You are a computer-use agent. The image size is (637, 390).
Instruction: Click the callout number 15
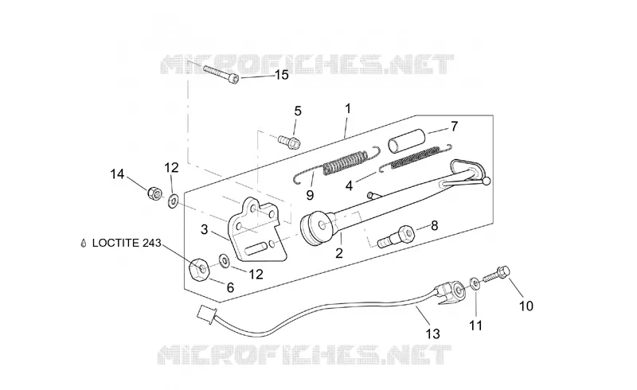pyautogui.click(x=282, y=75)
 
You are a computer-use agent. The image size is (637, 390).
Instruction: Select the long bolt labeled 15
pyautogui.click(x=221, y=74)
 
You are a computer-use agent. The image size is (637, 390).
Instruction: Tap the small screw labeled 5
pyautogui.click(x=289, y=142)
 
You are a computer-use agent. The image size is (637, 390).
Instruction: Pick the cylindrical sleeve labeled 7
pyautogui.click(x=407, y=141)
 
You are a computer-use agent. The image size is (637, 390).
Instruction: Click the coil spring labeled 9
pyautogui.click(x=337, y=162)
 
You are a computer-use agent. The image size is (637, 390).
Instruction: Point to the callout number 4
pyautogui.click(x=349, y=185)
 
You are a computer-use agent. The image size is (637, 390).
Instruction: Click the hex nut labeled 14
pyautogui.click(x=154, y=192)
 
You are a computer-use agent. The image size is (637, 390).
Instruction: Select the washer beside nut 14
pyautogui.click(x=174, y=201)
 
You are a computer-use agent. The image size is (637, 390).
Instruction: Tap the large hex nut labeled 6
pyautogui.click(x=200, y=270)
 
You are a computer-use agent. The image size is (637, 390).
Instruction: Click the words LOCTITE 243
pyautogui.click(x=127, y=243)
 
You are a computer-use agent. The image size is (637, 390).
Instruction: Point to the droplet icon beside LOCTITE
pyautogui.click(x=84, y=244)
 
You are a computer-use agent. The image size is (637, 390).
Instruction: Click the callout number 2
pyautogui.click(x=339, y=253)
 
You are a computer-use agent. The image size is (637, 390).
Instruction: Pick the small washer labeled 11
pyautogui.click(x=475, y=283)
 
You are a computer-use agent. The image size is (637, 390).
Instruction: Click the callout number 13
pyautogui.click(x=432, y=334)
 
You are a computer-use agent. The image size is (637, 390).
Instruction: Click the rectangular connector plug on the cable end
pyautogui.click(x=206, y=314)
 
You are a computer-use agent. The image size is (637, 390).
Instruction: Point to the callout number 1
pyautogui.click(x=348, y=108)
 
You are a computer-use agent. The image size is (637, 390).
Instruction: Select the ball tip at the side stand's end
pyautogui.click(x=487, y=181)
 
